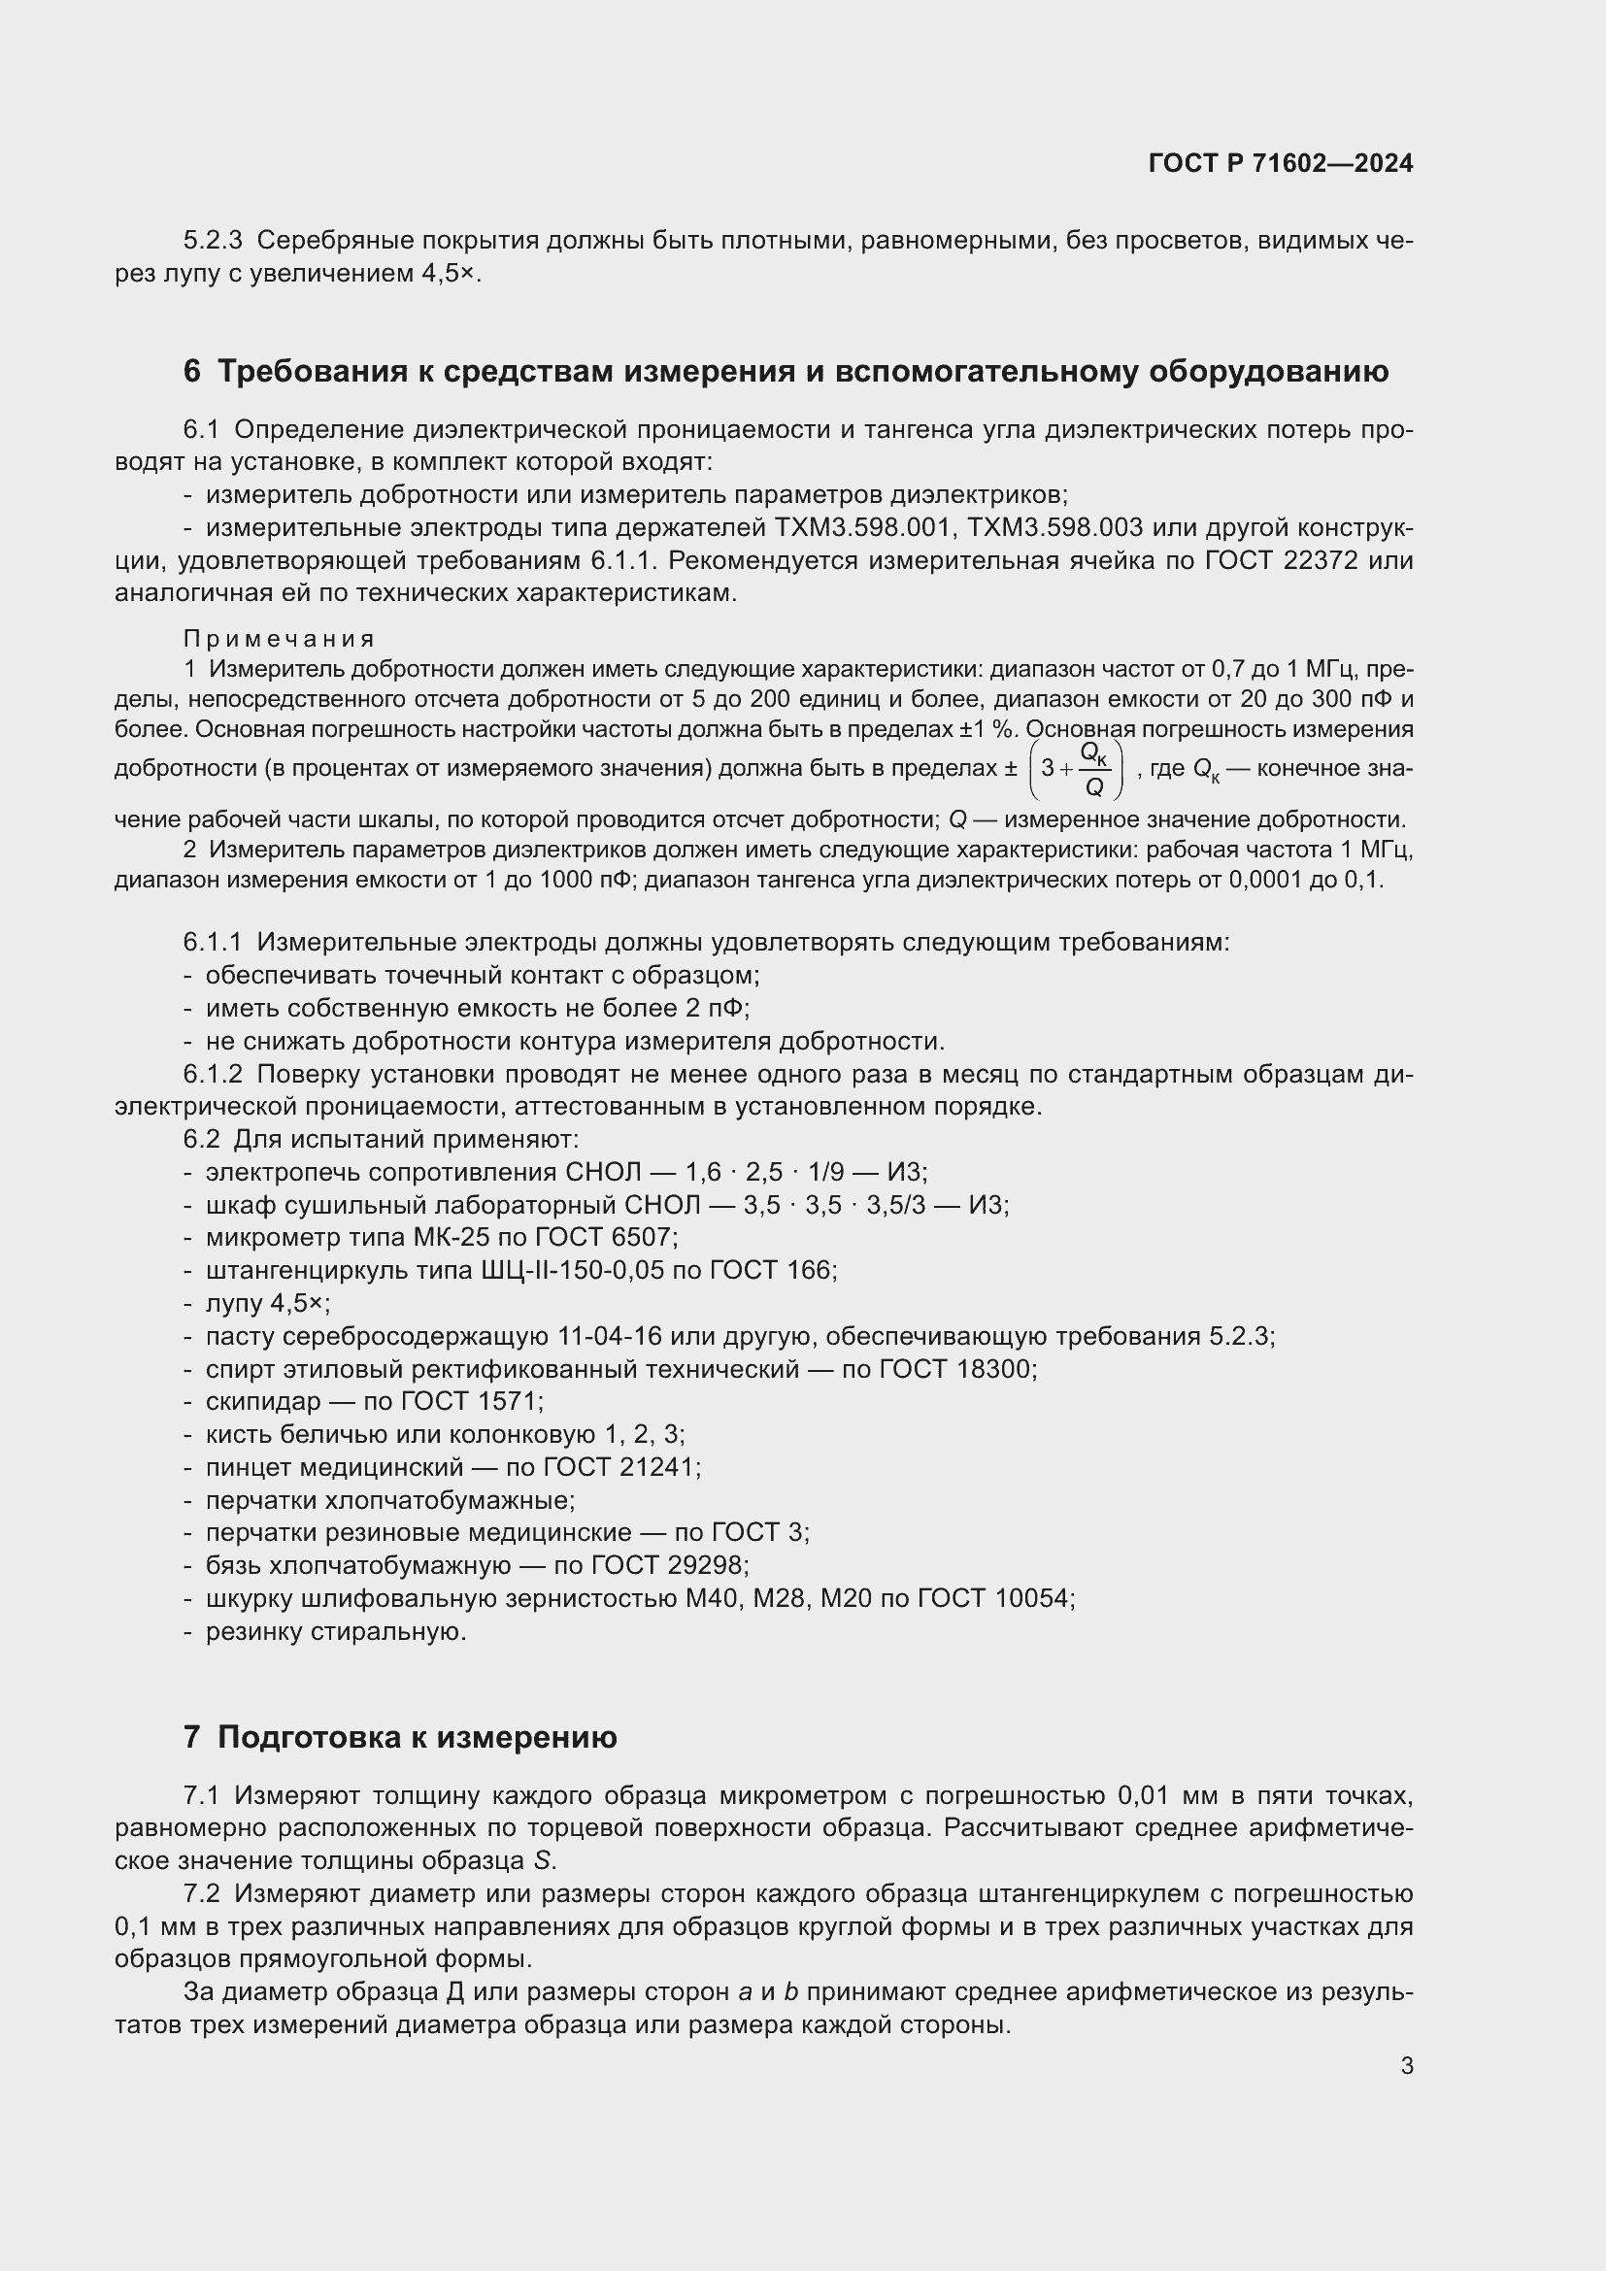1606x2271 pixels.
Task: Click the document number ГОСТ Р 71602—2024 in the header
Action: click(1281, 163)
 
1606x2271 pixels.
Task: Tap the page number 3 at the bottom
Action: click(1406, 2065)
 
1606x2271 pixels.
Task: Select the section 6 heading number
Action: click(192, 372)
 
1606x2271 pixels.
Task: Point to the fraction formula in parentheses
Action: click(1076, 770)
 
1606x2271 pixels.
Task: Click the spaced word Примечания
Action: click(279, 639)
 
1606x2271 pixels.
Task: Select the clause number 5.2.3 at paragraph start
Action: click(213, 241)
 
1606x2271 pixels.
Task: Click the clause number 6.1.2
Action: click(213, 1074)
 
